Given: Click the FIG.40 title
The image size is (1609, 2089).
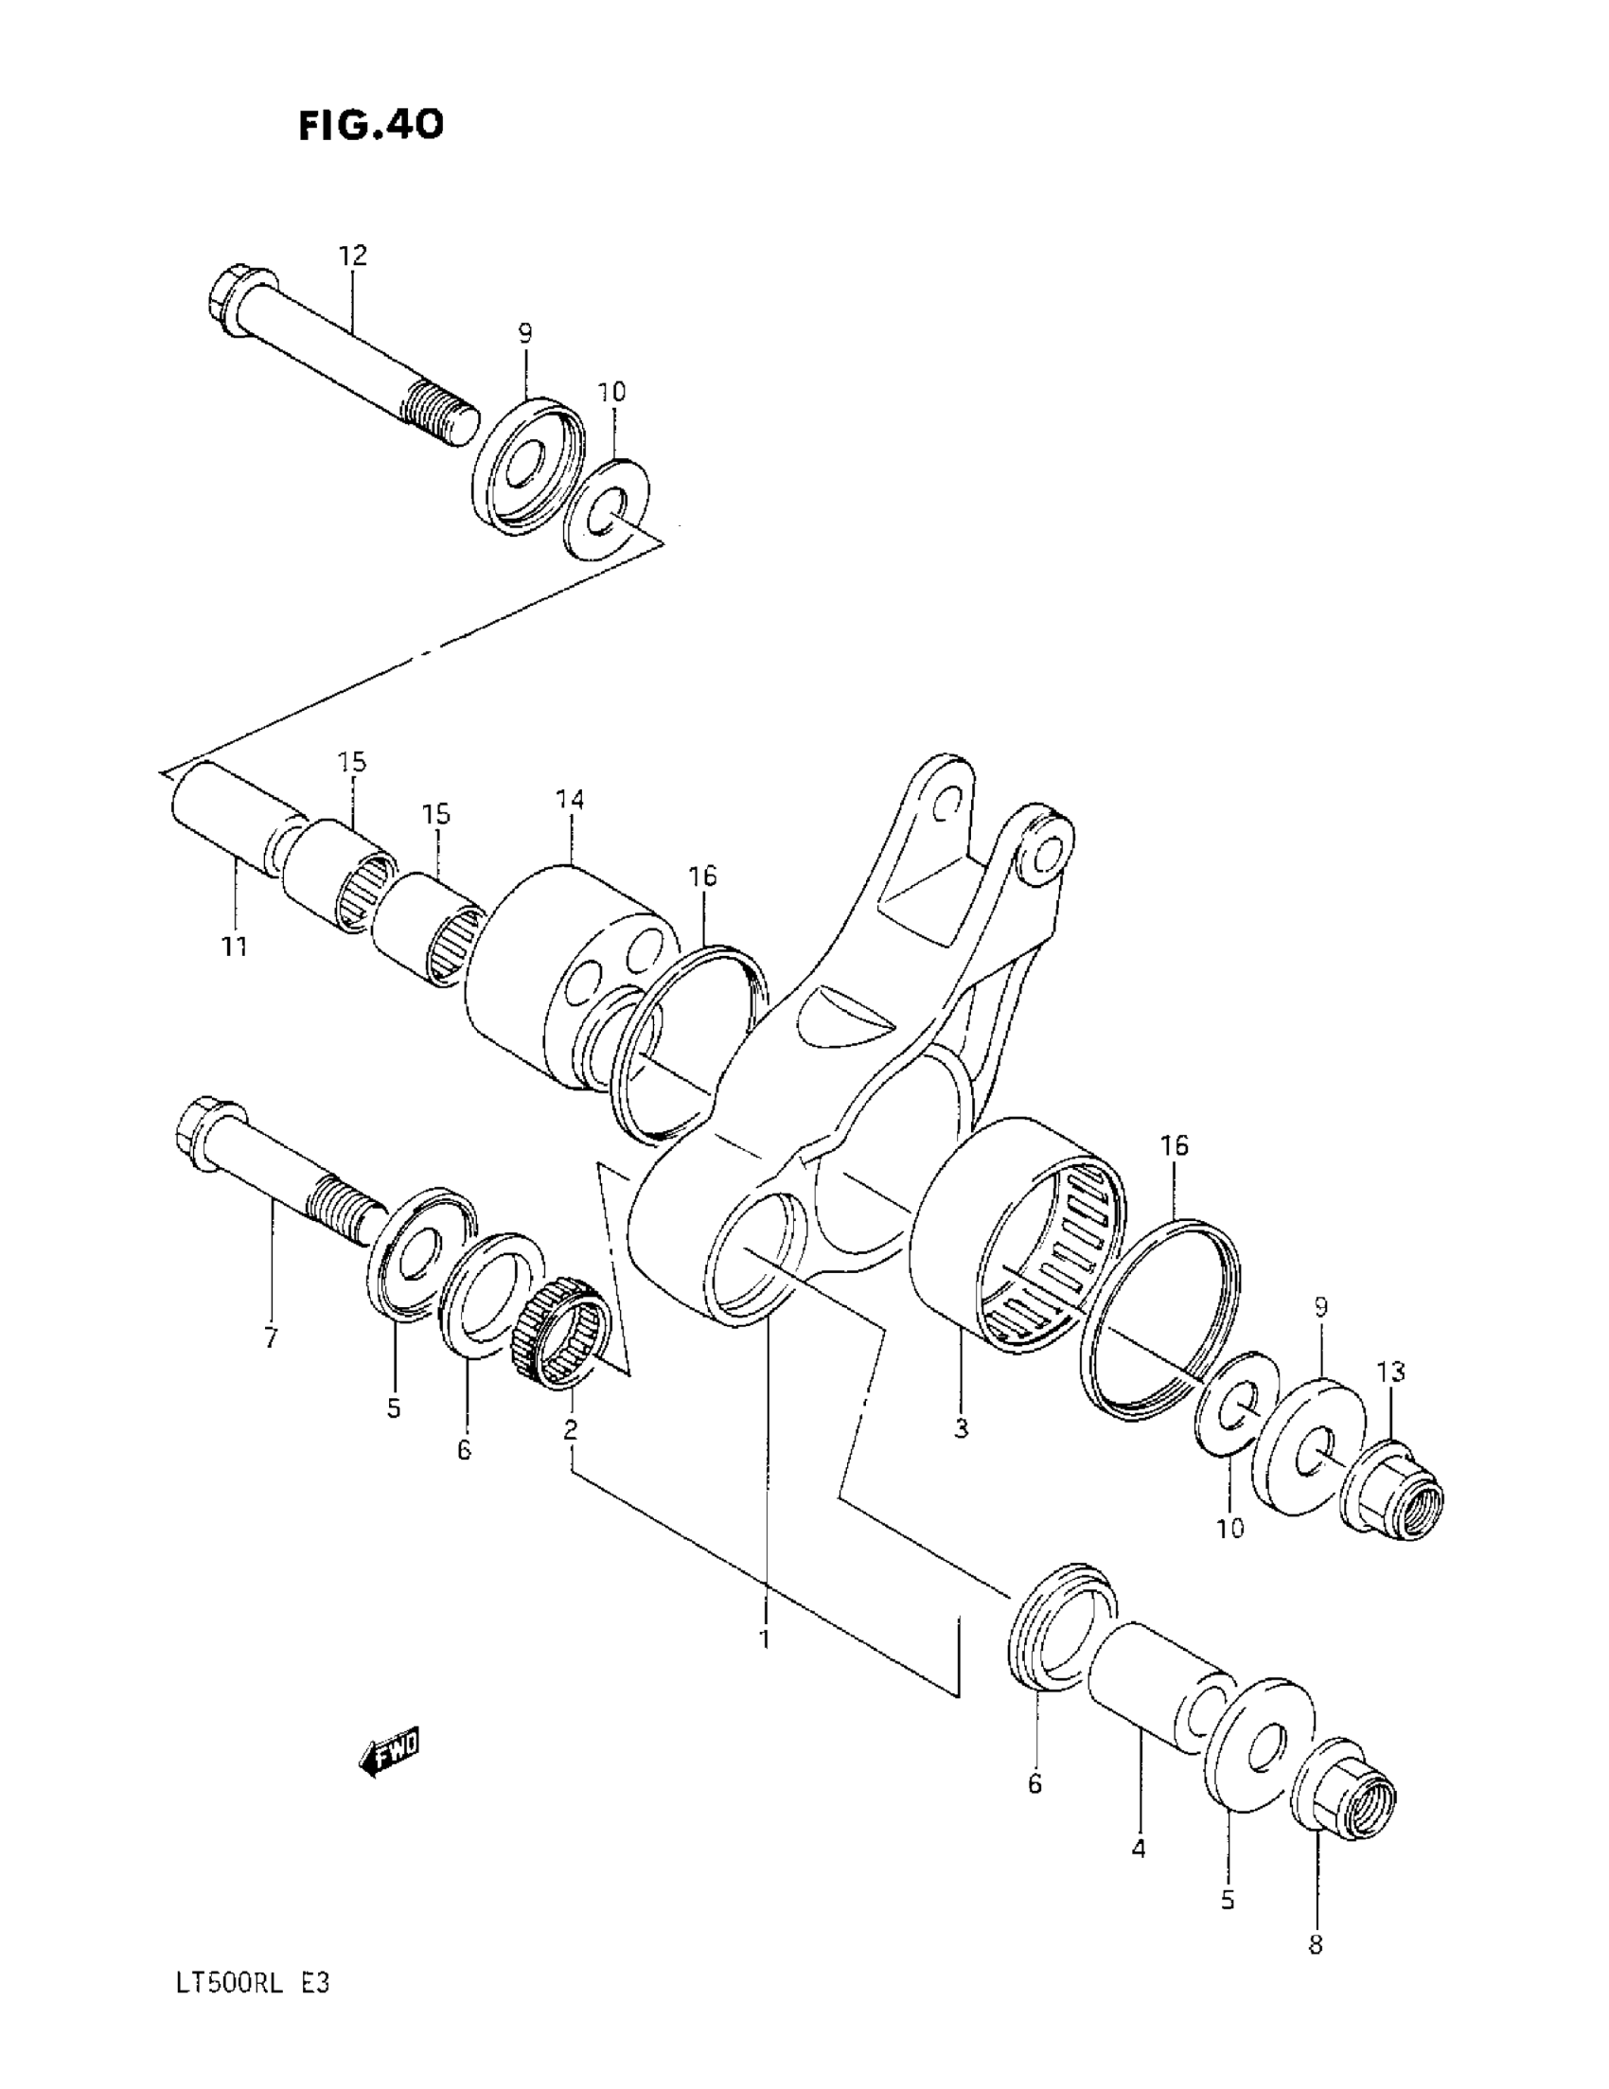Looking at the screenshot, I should tap(371, 124).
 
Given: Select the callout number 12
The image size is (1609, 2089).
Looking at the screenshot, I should tap(352, 256).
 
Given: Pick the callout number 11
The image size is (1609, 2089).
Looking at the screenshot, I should tap(235, 947).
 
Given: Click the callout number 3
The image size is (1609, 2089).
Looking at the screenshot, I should tap(961, 1429).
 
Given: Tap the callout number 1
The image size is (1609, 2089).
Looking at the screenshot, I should tap(765, 1639).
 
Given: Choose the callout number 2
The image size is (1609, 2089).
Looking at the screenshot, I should tap(570, 1429).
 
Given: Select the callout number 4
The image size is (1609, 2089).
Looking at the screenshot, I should tap(1138, 1849).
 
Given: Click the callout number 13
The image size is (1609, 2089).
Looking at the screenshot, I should tap(1391, 1372).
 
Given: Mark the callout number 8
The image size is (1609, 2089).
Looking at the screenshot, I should tap(1316, 1944).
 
